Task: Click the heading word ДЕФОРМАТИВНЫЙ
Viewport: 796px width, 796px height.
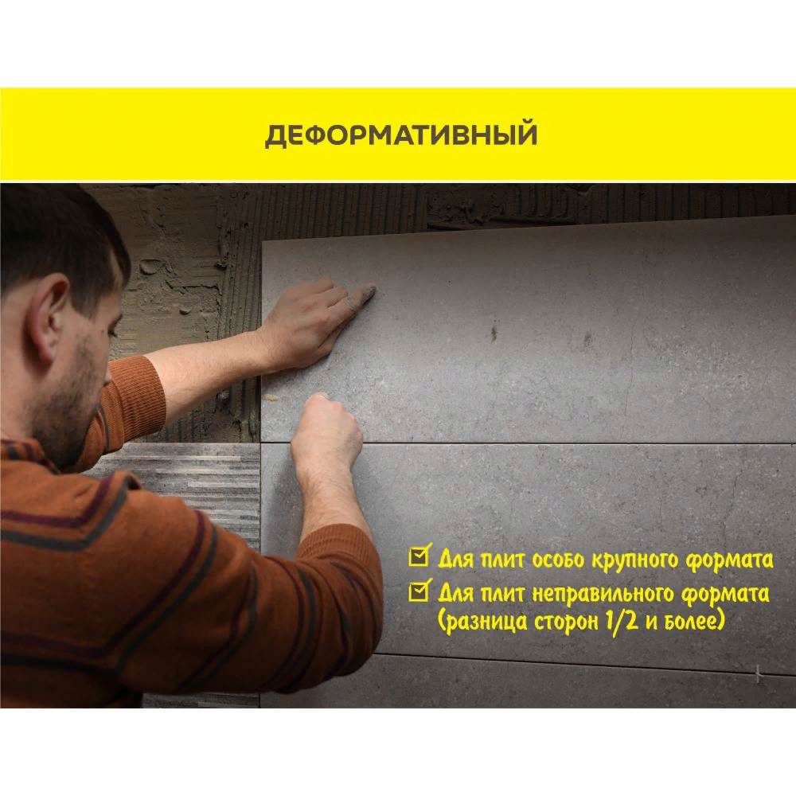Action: pyautogui.click(x=401, y=135)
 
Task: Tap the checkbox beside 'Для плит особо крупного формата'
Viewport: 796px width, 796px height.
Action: pyautogui.click(x=419, y=556)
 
